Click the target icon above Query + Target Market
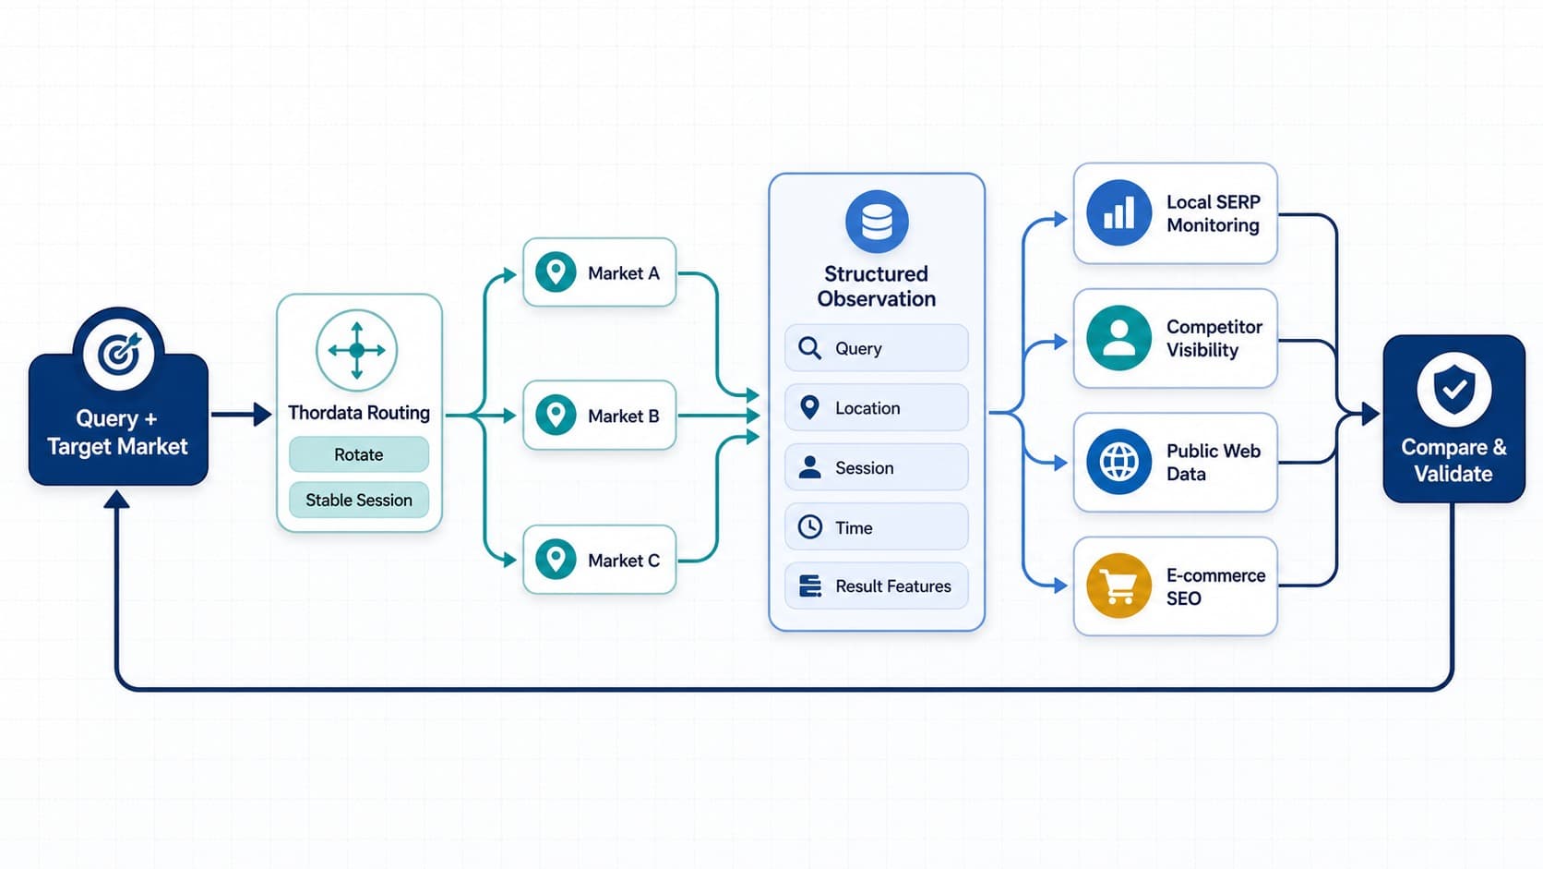[x=118, y=355]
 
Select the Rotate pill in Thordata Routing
[x=359, y=454]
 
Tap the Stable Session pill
[x=359, y=500]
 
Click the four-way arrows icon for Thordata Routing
[x=357, y=350]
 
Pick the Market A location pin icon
[x=556, y=272]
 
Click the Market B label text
[x=624, y=416]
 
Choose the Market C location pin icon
[x=556, y=559]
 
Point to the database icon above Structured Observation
[x=877, y=222]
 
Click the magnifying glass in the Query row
[x=809, y=348]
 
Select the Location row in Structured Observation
[x=876, y=408]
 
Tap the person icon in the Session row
[x=809, y=467]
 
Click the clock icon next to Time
[x=809, y=527]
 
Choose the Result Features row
[x=876, y=585]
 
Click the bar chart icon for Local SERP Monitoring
[x=1118, y=213]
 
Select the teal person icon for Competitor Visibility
[x=1118, y=338]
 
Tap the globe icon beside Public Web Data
[x=1118, y=462]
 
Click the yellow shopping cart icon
[x=1118, y=585]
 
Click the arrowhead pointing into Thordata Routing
[x=262, y=414]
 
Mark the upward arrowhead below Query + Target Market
[x=117, y=499]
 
